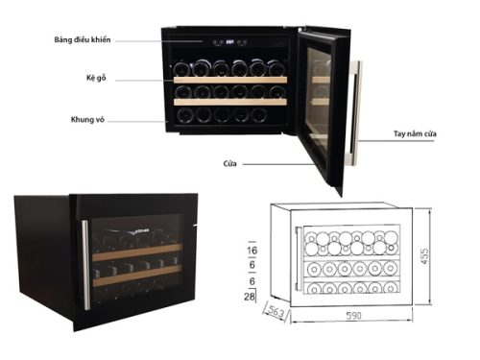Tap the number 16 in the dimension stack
252,249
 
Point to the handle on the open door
360,107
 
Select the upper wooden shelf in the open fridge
230,79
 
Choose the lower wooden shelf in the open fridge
230,101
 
